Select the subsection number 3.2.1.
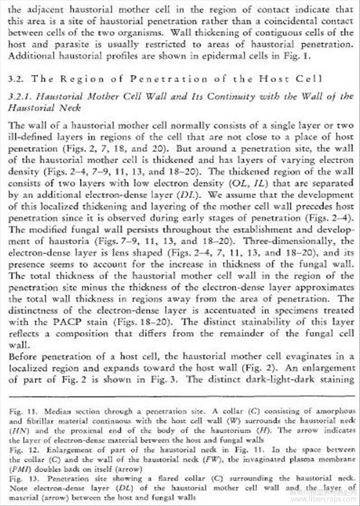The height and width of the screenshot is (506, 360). coord(21,97)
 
